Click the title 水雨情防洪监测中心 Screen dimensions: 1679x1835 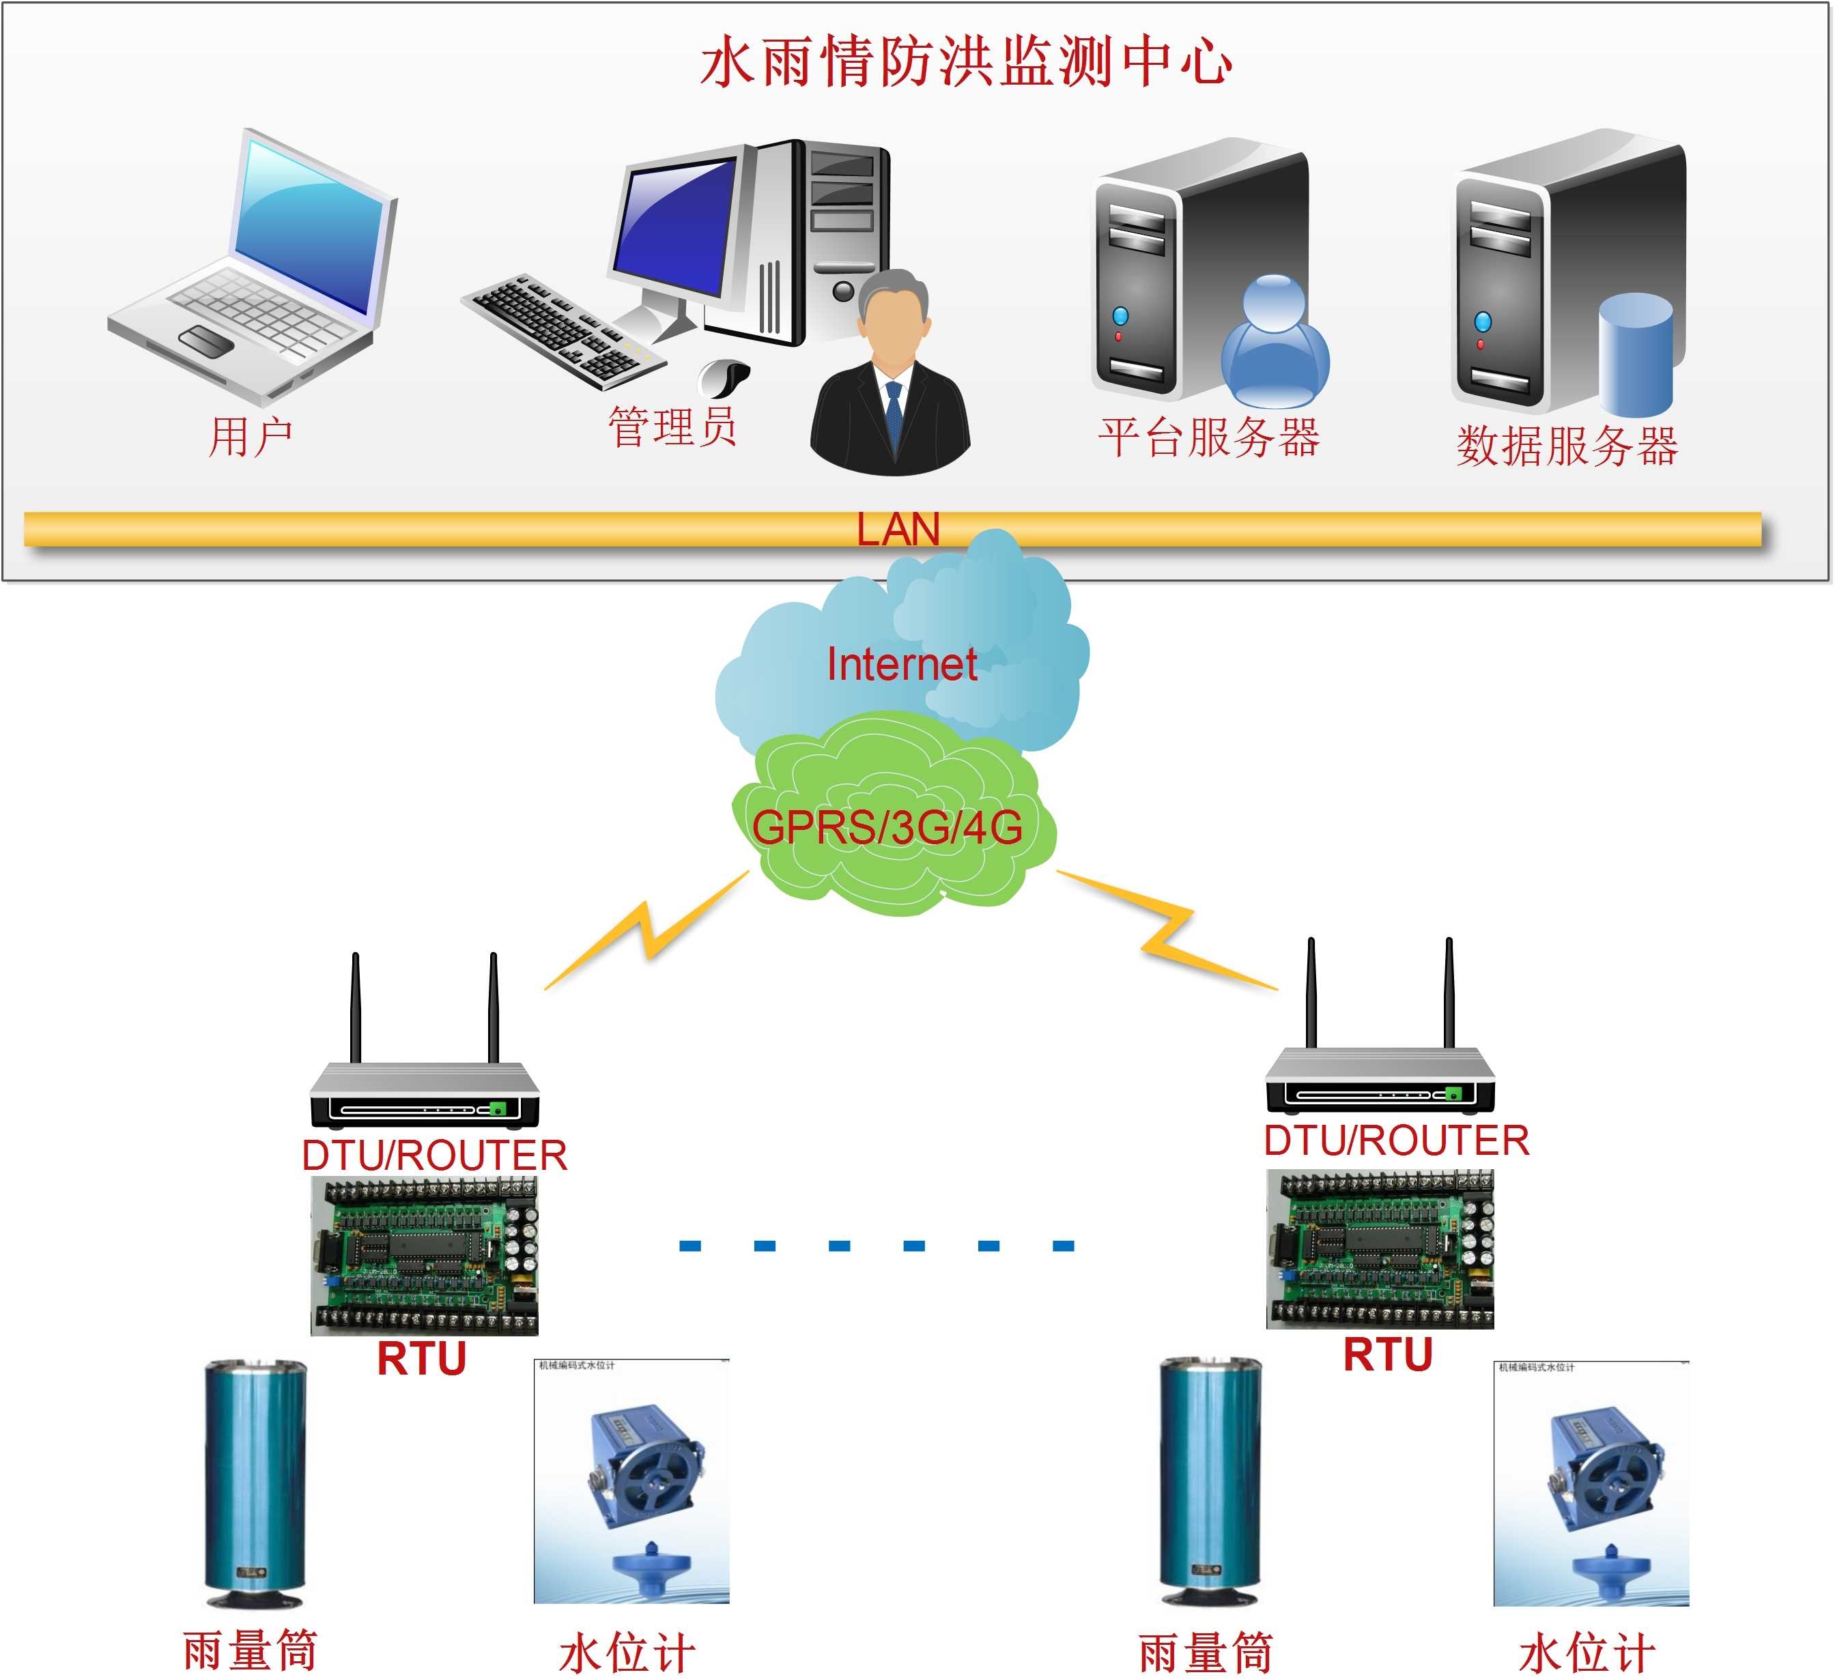(x=967, y=62)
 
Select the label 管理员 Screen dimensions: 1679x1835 (x=672, y=426)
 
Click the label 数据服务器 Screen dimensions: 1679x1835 (x=1567, y=446)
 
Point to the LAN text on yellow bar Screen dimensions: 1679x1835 (x=898, y=529)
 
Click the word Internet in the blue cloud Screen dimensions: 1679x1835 (x=901, y=663)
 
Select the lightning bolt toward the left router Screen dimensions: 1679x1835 (x=647, y=930)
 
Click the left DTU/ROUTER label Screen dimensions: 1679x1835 (x=434, y=1155)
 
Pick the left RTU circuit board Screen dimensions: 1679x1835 (x=424, y=1256)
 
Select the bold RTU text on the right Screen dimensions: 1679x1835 (x=1387, y=1354)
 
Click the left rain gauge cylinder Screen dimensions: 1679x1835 (x=255, y=1483)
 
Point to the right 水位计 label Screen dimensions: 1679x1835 (x=1586, y=1652)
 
